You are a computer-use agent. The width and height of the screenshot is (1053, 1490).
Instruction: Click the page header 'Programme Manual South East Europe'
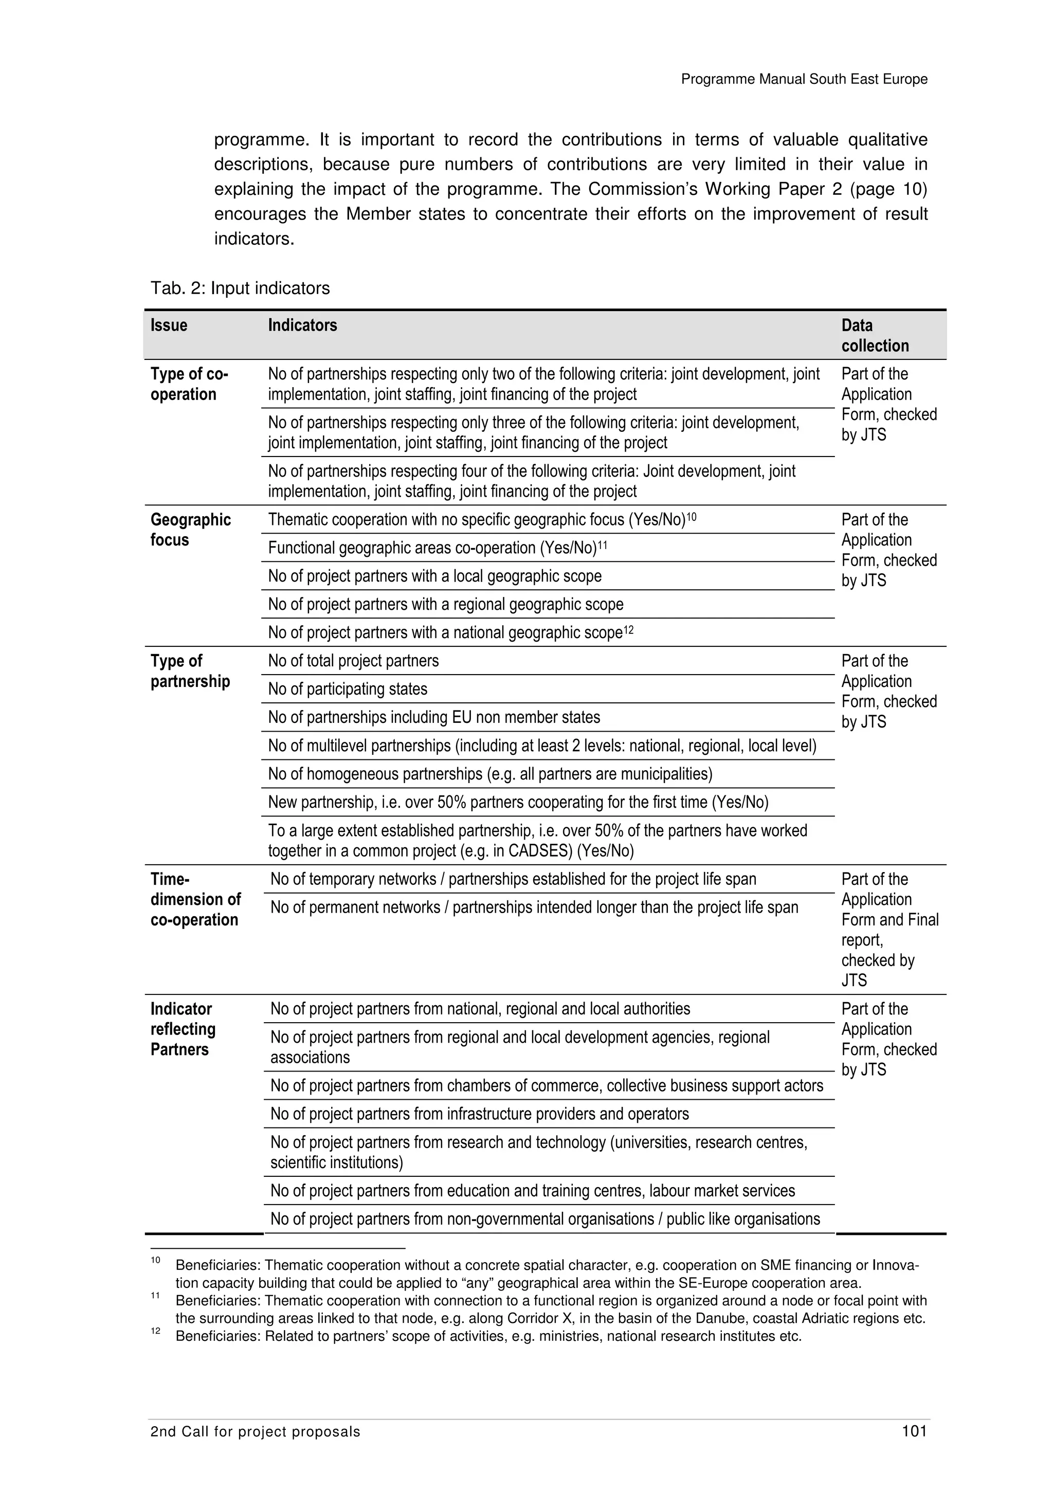pyautogui.click(x=804, y=79)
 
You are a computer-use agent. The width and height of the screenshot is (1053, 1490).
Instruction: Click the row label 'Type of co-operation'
pyautogui.click(x=189, y=384)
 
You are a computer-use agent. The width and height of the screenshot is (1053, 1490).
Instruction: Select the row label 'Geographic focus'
pyautogui.click(x=190, y=530)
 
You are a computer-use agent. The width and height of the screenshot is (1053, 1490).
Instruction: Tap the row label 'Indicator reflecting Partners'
pyautogui.click(x=183, y=1029)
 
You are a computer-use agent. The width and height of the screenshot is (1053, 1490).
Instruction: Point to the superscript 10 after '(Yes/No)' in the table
pyautogui.click(x=691, y=517)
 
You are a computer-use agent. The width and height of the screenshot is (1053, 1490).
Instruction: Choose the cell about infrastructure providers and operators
pyautogui.click(x=479, y=1114)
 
